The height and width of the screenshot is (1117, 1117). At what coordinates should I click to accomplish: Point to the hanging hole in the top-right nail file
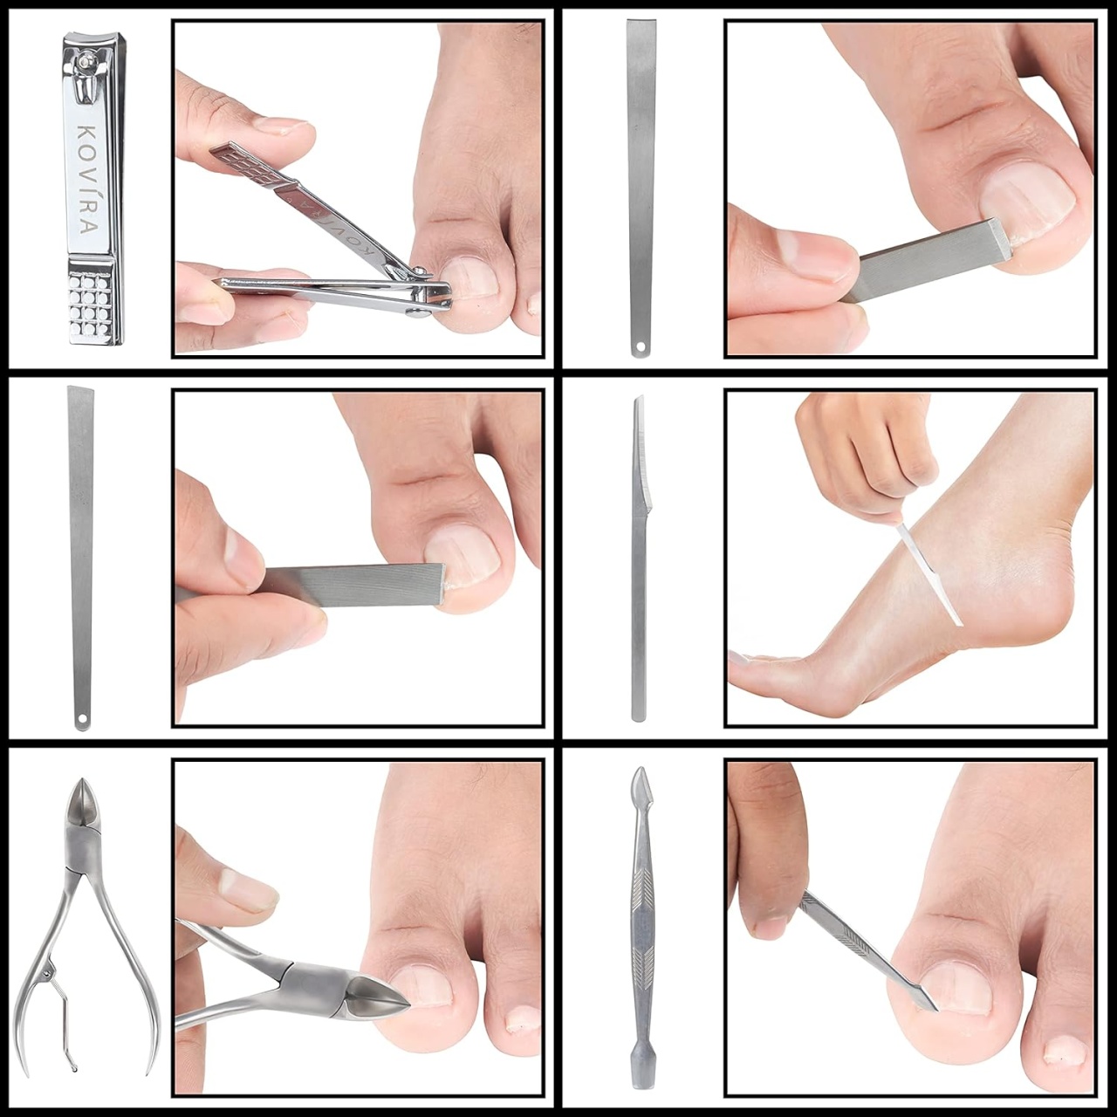point(641,347)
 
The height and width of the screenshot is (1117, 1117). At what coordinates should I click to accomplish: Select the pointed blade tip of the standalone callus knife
point(640,399)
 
